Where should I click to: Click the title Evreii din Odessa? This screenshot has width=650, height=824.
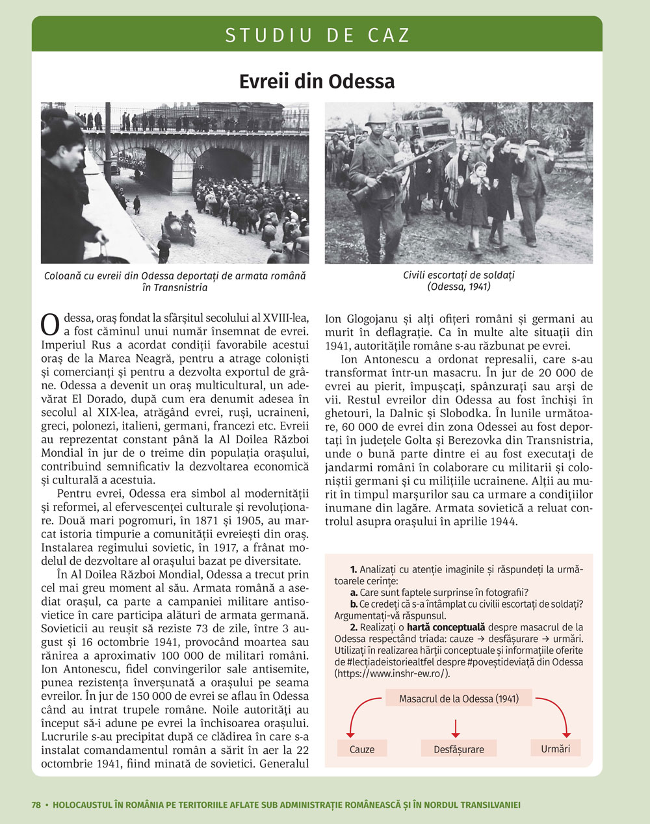317,82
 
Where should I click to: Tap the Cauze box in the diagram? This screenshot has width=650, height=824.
362,749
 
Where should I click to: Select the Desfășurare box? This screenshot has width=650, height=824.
459,749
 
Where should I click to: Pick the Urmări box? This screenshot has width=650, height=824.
555,749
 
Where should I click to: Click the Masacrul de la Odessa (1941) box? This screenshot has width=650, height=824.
458,699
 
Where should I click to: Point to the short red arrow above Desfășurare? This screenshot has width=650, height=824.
456,727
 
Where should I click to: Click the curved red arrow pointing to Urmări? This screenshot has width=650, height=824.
558,712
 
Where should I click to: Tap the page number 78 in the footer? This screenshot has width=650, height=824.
36,805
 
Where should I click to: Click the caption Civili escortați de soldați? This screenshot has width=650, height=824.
459,275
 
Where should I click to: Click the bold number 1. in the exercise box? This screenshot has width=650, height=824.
354,569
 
